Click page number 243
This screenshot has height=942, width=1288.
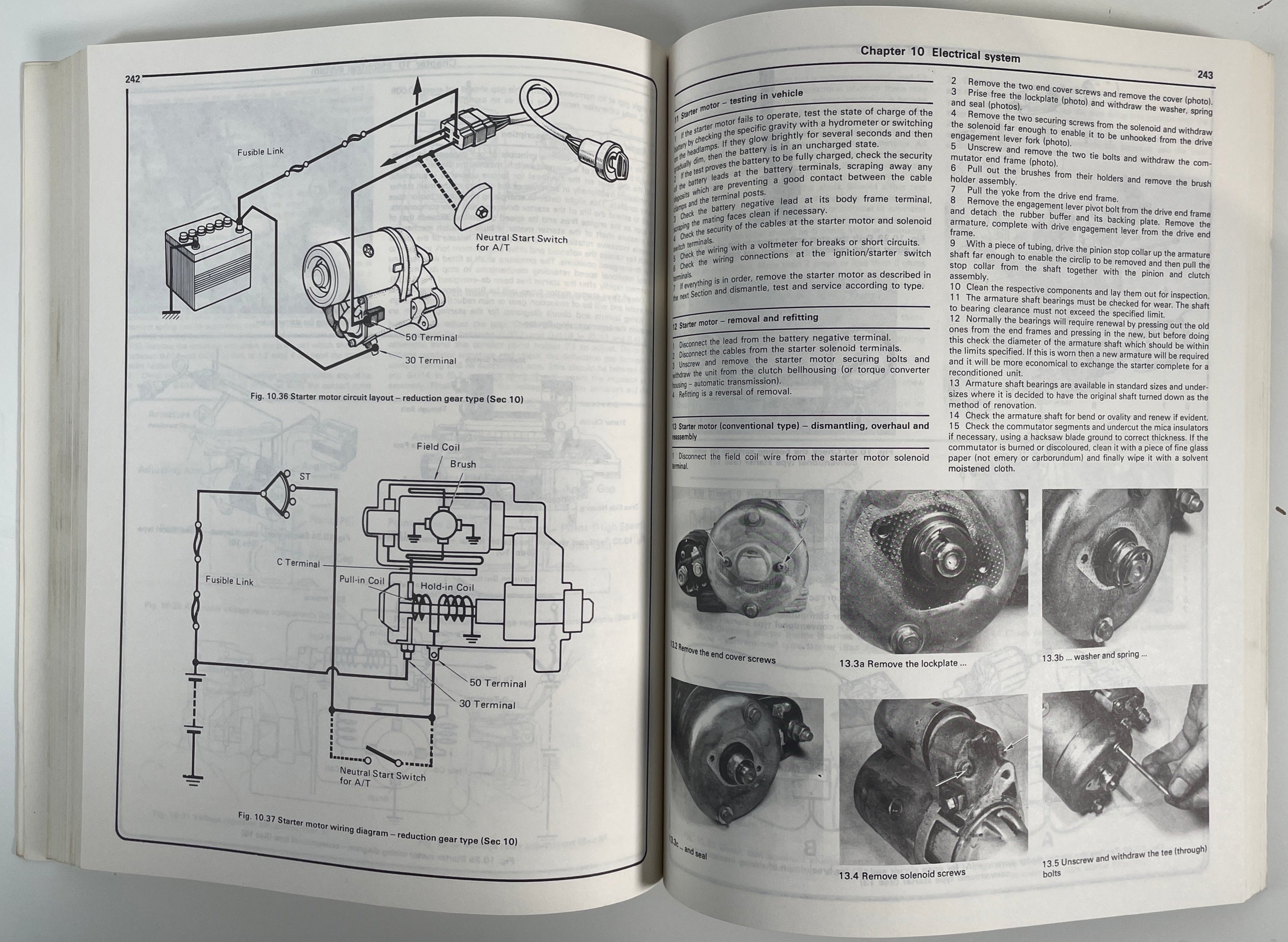point(1205,75)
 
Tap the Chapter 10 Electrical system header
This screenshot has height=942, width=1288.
point(940,54)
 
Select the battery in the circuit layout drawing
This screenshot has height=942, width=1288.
point(209,262)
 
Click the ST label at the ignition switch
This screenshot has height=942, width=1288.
point(305,476)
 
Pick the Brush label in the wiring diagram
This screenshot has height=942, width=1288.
point(463,464)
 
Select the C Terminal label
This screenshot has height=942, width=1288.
point(298,563)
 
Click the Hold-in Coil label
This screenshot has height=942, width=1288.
point(447,587)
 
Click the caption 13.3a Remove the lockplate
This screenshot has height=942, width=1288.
point(903,663)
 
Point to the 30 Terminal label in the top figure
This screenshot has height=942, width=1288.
point(430,360)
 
